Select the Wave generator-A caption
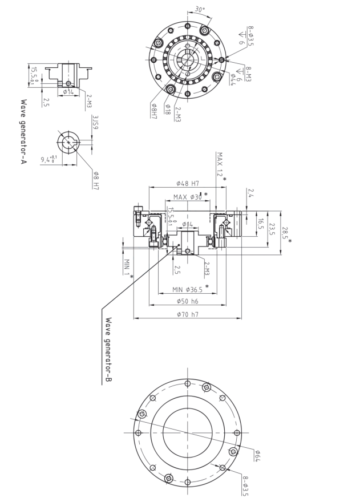click(x=24, y=131)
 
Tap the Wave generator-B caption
click(x=108, y=349)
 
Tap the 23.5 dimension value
click(x=272, y=229)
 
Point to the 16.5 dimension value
click(x=260, y=222)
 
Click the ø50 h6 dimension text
click(x=187, y=301)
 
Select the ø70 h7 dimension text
click(x=187, y=314)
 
